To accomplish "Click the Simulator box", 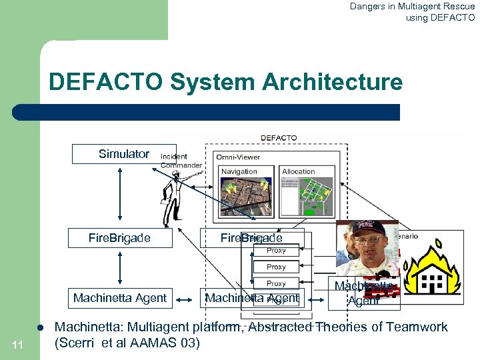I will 124,154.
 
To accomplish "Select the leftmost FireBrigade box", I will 120,238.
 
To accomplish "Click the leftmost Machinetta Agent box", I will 120,298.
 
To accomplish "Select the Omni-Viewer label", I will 237,157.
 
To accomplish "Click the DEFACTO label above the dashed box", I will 279,138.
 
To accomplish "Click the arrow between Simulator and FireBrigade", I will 119,193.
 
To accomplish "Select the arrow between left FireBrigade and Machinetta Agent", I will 119,268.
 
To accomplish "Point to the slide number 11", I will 18,344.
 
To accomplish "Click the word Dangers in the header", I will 370,7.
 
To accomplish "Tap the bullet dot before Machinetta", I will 41,328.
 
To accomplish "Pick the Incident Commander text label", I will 181,161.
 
